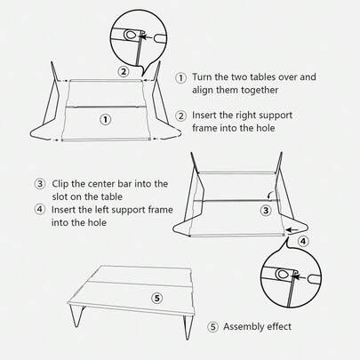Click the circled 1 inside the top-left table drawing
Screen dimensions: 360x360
(105, 118)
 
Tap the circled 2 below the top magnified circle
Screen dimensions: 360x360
(124, 72)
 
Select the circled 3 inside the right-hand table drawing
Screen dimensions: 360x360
(265, 211)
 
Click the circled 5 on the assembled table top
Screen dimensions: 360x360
(156, 297)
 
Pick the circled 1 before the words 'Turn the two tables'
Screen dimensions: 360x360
(181, 77)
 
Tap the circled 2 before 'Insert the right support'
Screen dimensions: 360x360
(181, 116)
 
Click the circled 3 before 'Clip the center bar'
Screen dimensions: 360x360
(40, 183)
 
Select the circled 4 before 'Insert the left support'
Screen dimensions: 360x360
(40, 209)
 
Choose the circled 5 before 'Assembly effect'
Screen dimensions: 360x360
(212, 326)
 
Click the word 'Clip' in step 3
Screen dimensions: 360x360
(62, 183)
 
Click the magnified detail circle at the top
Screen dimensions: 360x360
(138, 36)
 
